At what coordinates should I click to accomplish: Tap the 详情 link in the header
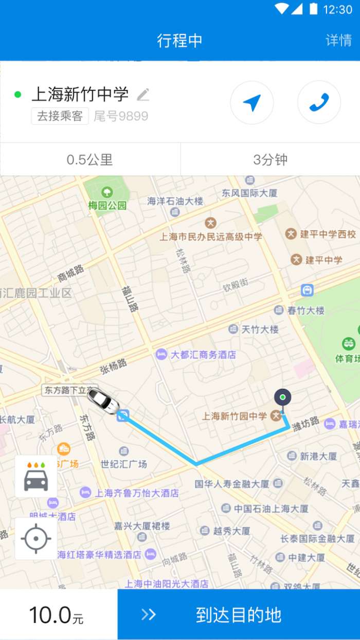click(338, 41)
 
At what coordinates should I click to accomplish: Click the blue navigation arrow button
click(251, 102)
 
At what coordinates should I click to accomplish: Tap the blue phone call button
click(319, 102)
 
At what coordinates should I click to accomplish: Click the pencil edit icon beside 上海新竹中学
click(143, 95)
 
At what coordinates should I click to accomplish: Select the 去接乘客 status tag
click(60, 116)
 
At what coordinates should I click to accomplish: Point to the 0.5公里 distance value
click(90, 160)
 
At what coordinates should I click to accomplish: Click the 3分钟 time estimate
click(270, 160)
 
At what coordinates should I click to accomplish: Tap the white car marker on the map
click(103, 400)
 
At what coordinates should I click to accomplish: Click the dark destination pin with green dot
click(282, 398)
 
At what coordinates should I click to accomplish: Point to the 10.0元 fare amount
click(56, 615)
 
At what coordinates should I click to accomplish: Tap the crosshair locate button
click(36, 539)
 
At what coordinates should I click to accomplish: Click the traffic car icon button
click(36, 476)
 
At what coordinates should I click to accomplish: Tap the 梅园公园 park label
click(107, 205)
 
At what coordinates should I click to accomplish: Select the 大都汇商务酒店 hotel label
click(203, 355)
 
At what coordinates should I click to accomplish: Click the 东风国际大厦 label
click(250, 193)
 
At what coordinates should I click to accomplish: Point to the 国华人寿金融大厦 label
click(232, 484)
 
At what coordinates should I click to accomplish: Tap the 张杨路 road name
click(113, 366)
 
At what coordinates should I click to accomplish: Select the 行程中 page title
click(179, 41)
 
